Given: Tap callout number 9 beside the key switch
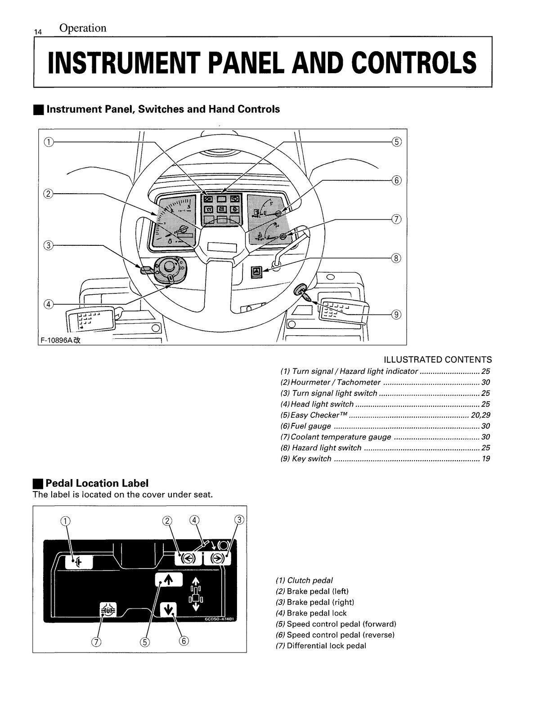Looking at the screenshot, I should pyautogui.click(x=396, y=315).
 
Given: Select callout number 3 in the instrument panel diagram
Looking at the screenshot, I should pyautogui.click(x=48, y=245).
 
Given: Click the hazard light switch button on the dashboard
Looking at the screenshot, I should pyautogui.click(x=257, y=271).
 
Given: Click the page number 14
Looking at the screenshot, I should pyautogui.click(x=38, y=32).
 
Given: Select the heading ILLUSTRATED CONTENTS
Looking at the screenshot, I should pyautogui.click(x=437, y=359).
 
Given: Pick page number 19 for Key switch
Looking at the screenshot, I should pyautogui.click(x=485, y=458).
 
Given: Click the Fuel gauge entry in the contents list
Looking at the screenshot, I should pyautogui.click(x=311, y=426).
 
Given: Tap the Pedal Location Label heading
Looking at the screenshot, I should pyautogui.click(x=97, y=483).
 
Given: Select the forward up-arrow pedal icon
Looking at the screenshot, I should pyautogui.click(x=168, y=580).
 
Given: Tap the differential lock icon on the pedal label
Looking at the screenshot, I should pyautogui.click(x=108, y=610).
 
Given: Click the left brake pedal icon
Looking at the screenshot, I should pyautogui.click(x=187, y=558).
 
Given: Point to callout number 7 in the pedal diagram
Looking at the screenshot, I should pyautogui.click(x=96, y=641).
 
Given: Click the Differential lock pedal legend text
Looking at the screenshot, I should pyautogui.click(x=326, y=646).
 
